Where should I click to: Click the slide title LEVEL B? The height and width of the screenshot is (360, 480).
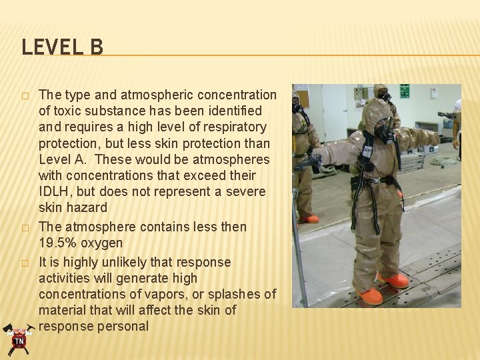tap(62, 48)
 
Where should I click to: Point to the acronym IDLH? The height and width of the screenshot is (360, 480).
tap(55, 192)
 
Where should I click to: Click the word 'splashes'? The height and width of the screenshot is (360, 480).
tap(234, 294)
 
